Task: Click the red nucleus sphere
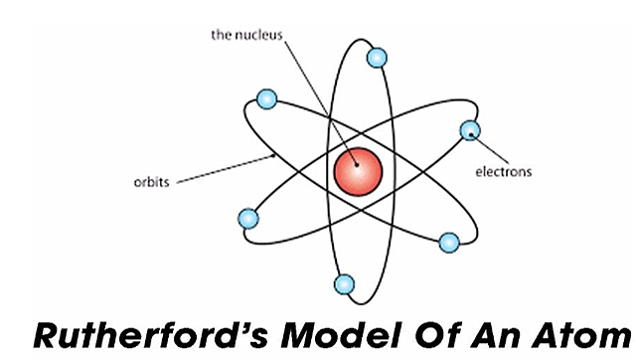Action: coord(358,171)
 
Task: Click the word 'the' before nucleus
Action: coord(222,35)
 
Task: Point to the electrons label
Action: coord(504,171)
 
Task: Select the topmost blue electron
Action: coord(377,57)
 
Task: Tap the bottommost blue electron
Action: coord(344,285)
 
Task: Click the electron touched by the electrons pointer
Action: coord(469,130)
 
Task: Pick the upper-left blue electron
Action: coord(265,98)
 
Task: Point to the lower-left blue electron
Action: coord(248,219)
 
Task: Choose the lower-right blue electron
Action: coord(449,242)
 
